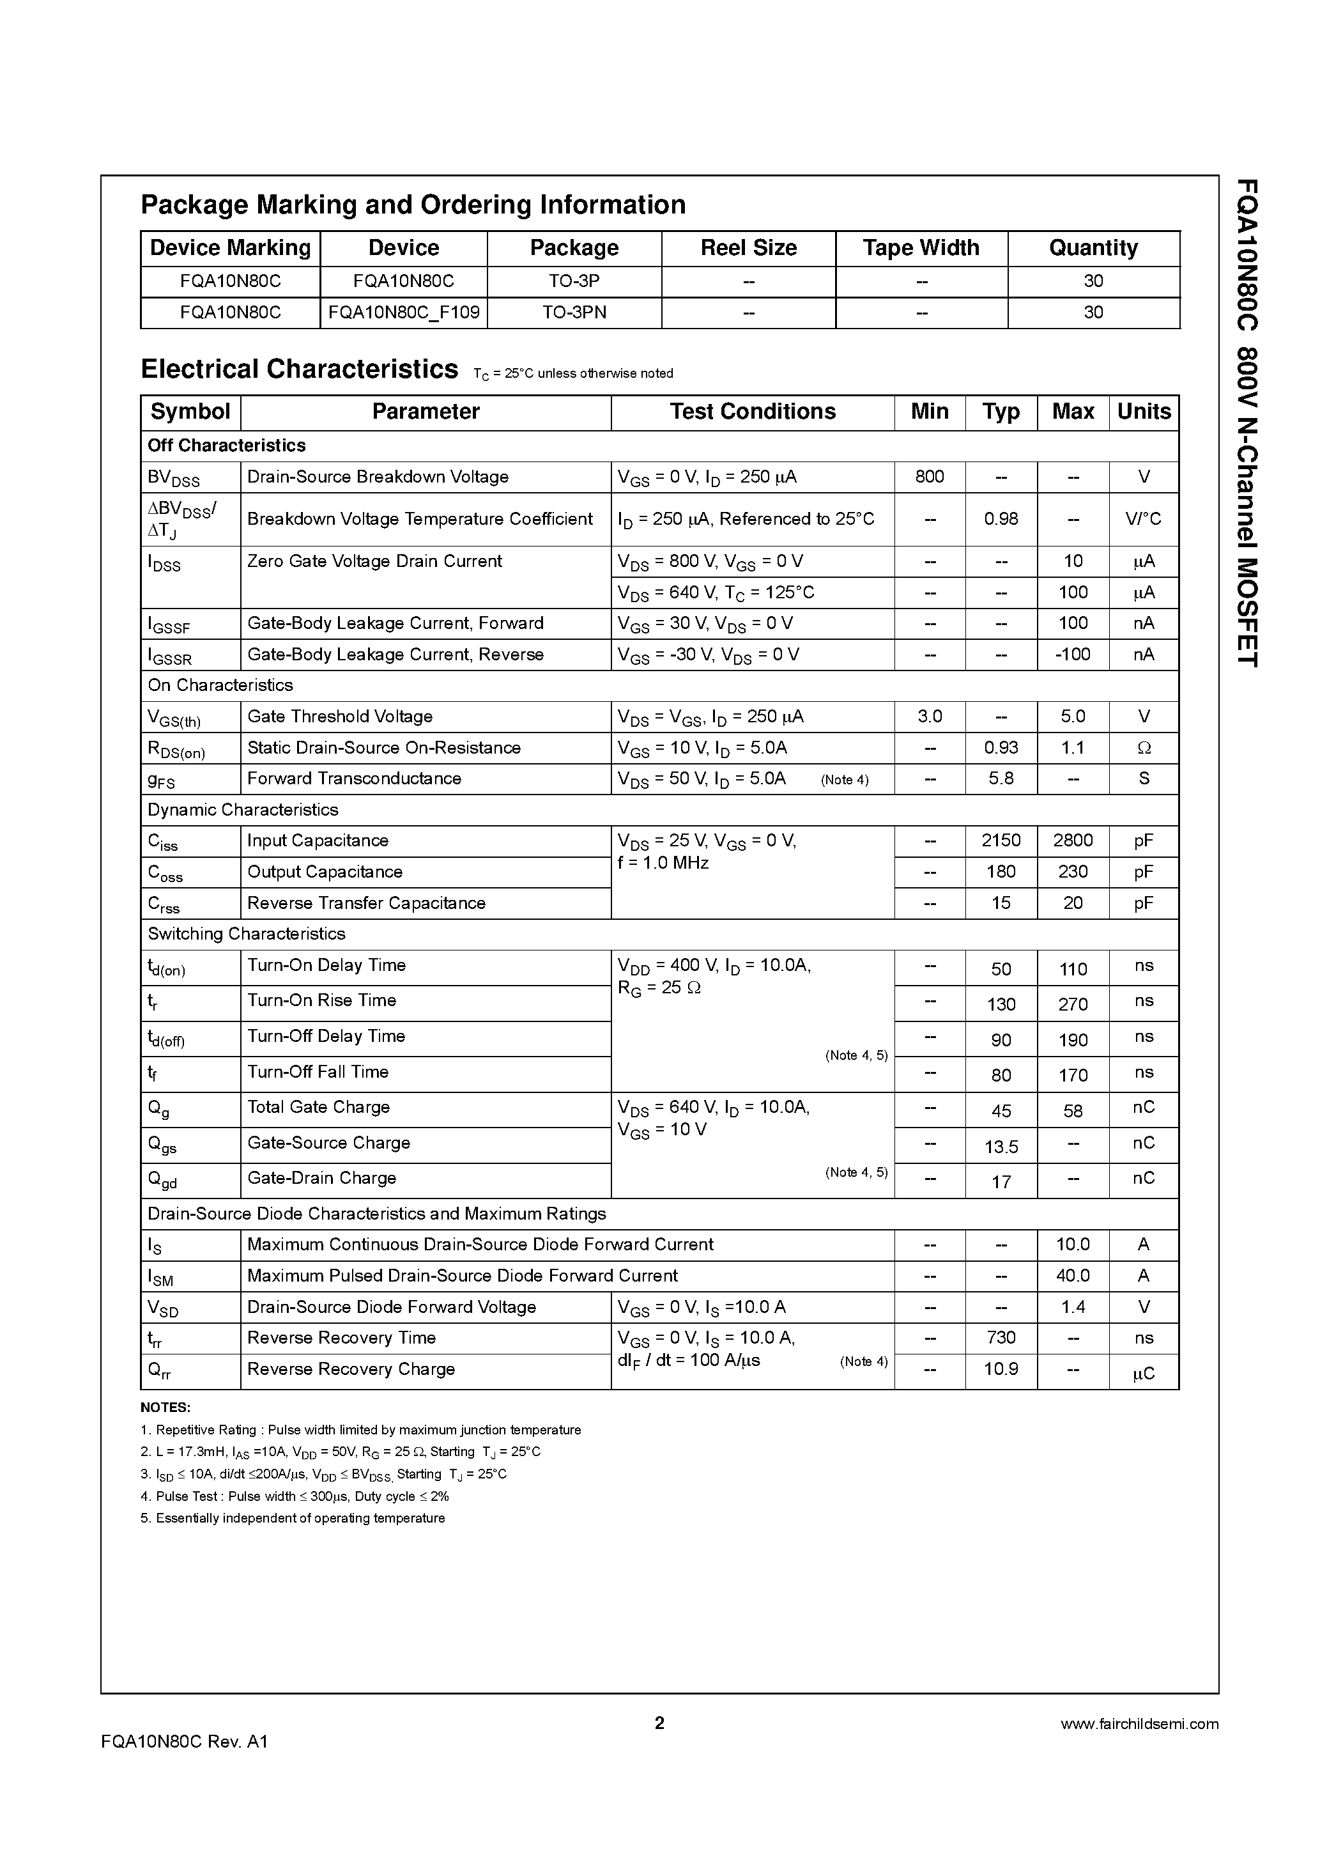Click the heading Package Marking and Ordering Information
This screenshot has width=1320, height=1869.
pos(413,205)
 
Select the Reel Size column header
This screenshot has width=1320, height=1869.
pos(748,247)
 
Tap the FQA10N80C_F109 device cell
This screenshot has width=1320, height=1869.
pos(404,313)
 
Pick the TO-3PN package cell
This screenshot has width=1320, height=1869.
pos(574,313)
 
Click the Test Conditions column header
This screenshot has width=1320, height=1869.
pos(752,412)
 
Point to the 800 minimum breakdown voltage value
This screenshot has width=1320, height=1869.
pos(930,477)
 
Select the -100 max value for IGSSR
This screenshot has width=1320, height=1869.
pos(1072,655)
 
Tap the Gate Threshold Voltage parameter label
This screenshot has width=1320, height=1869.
pos(339,717)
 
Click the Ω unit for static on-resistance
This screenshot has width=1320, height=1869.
pos(1144,748)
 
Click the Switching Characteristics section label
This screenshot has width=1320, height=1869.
pos(246,934)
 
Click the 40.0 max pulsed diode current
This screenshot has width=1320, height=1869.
pos(1072,1276)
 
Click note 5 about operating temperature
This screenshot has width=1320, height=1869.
pos(293,1518)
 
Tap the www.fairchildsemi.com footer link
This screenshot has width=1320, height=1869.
pos(1139,1723)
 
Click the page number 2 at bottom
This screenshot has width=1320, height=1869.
pos(659,1723)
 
